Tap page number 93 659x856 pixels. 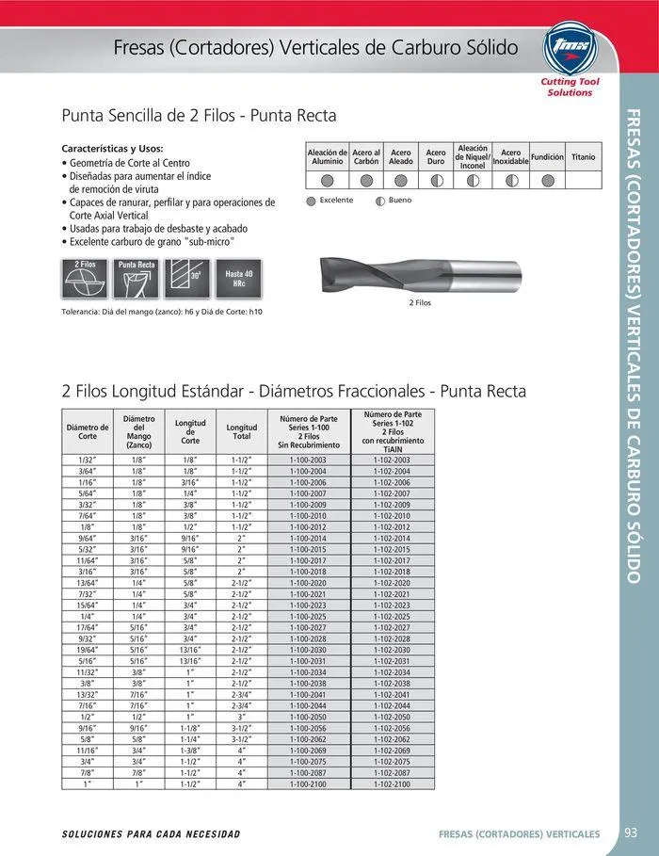click(631, 832)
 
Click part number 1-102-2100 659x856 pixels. click(392, 783)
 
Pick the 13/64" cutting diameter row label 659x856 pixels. click(88, 583)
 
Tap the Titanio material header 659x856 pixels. click(583, 156)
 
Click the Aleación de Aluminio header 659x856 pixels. click(328, 156)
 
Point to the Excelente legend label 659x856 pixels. click(336, 201)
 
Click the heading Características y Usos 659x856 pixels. click(112, 149)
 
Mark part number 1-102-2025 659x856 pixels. click(392, 616)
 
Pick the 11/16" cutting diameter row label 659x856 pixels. click(88, 750)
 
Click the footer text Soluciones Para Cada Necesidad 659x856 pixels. click(151, 834)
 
